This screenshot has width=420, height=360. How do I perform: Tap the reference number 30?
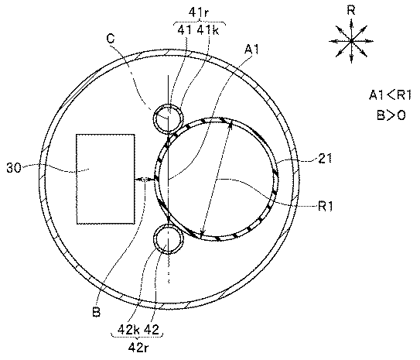click(x=14, y=168)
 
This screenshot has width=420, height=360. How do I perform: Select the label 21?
click(x=325, y=159)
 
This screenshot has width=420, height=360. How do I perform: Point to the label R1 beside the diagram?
click(x=325, y=207)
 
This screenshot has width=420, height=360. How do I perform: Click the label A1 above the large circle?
click(x=252, y=50)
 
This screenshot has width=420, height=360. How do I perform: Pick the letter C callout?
click(x=111, y=39)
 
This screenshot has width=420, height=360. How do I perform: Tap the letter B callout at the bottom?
click(x=96, y=312)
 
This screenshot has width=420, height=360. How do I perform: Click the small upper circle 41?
click(x=168, y=118)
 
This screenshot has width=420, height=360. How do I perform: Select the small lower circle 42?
click(x=168, y=238)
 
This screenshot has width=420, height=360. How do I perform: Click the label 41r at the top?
click(x=199, y=12)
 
